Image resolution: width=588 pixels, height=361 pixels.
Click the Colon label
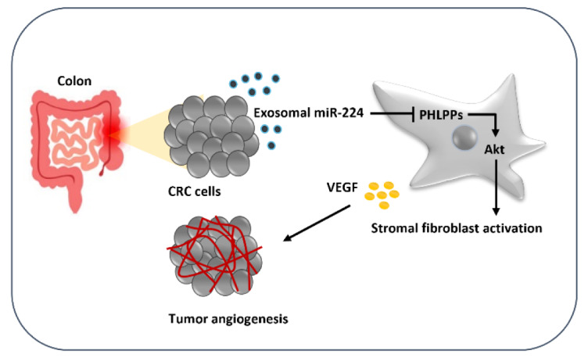click(74, 81)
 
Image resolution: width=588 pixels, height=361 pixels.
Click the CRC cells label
click(194, 191)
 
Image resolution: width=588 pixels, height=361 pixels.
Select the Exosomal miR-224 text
click(309, 113)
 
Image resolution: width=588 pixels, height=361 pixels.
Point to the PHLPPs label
click(441, 115)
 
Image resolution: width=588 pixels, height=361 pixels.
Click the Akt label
click(494, 149)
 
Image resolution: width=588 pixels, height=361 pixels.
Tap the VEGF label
click(342, 187)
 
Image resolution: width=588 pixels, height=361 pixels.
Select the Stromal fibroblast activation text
click(457, 228)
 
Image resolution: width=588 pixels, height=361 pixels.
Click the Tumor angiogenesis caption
click(228, 319)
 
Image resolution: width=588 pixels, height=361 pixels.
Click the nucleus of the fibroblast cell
click(465, 138)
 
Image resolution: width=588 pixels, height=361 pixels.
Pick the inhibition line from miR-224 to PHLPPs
click(392, 113)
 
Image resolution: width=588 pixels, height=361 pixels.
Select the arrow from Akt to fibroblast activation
click(496, 187)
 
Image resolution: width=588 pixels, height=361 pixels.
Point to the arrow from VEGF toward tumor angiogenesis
click(317, 223)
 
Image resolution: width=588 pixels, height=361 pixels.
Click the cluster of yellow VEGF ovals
click(382, 195)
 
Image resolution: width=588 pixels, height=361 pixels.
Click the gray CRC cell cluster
click(211, 136)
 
